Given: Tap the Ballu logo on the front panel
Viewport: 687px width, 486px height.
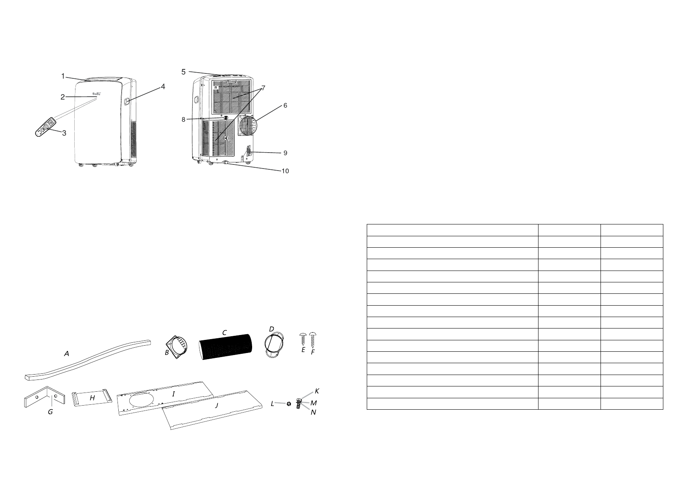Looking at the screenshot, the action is (x=97, y=94).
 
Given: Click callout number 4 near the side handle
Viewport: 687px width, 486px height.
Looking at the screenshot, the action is (x=163, y=87).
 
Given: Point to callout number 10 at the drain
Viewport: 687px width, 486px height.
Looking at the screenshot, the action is (x=285, y=171).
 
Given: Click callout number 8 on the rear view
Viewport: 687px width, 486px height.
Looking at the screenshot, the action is (x=184, y=119).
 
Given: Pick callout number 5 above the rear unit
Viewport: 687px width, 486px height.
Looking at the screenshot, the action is (x=184, y=72).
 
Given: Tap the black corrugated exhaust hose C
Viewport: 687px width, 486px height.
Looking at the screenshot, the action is (x=226, y=347).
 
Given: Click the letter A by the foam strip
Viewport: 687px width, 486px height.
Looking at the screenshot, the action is (x=66, y=354).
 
